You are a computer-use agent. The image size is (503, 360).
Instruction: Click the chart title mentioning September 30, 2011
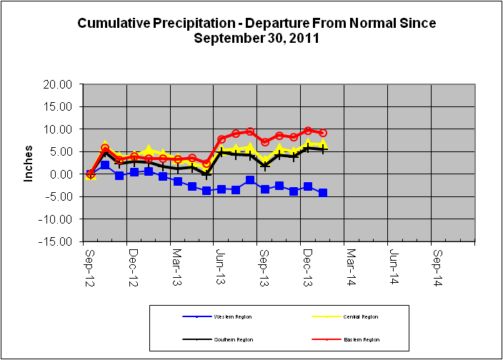click(x=256, y=30)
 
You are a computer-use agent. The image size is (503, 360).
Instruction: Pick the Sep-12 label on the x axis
click(x=89, y=262)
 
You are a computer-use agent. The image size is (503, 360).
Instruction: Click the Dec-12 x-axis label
click(x=132, y=262)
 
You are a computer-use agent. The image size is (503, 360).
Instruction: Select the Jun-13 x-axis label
click(x=220, y=262)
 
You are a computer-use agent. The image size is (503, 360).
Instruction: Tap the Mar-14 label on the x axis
click(x=351, y=262)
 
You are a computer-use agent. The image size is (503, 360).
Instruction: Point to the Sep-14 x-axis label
click(x=439, y=262)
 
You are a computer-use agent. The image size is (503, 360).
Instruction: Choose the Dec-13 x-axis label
click(x=307, y=262)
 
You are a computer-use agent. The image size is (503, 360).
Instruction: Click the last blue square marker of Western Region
click(x=323, y=193)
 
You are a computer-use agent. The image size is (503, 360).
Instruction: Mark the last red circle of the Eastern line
click(x=323, y=133)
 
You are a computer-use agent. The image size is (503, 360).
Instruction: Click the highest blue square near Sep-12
click(x=105, y=165)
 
